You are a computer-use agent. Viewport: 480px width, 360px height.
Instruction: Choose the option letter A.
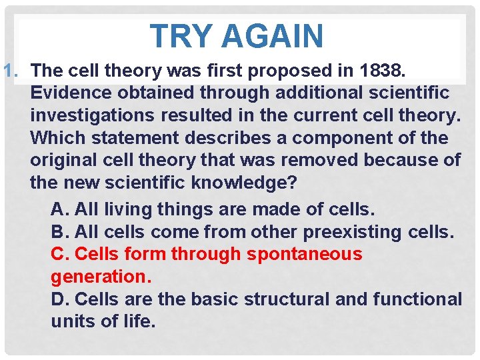tap(59, 209)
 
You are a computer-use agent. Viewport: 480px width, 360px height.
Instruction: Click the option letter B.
tap(59, 232)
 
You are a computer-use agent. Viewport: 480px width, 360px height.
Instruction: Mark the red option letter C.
tap(59, 254)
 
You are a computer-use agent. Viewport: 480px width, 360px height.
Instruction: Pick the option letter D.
tap(59, 299)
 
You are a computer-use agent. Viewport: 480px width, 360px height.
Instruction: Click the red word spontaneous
tap(305, 254)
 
